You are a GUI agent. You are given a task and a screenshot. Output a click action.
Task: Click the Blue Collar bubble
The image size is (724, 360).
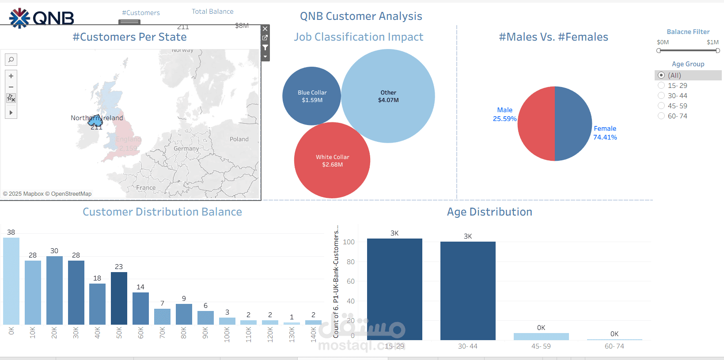(311, 96)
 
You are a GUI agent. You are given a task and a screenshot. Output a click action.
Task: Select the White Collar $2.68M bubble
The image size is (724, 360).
(332, 160)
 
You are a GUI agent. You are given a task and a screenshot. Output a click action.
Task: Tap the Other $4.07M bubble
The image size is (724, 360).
(388, 96)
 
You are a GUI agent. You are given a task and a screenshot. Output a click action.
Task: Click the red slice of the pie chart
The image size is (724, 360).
(536, 124)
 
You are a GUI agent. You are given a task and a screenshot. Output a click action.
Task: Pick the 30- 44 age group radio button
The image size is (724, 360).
(661, 96)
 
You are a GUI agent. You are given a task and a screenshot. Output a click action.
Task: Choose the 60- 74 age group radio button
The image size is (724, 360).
(661, 116)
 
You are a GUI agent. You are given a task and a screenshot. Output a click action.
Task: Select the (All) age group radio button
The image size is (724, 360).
(661, 76)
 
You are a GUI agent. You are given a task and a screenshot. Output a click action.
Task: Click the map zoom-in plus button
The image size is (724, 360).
(11, 76)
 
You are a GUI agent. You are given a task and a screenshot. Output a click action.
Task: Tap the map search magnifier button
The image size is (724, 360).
(11, 59)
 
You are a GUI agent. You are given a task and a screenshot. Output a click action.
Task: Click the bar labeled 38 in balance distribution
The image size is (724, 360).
(11, 281)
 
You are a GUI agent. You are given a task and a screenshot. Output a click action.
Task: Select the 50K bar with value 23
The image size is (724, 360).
(119, 298)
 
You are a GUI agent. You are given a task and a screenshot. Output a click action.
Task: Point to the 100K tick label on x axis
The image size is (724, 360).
(227, 334)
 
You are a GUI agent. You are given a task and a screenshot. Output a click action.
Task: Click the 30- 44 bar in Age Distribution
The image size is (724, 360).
(468, 291)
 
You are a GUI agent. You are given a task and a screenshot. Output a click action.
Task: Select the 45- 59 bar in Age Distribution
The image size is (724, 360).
(541, 336)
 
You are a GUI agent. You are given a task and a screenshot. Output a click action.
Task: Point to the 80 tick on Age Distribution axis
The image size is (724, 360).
(350, 262)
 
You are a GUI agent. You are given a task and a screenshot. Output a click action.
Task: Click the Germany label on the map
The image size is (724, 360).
(186, 149)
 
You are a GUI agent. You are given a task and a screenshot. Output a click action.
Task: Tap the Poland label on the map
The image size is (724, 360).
(239, 139)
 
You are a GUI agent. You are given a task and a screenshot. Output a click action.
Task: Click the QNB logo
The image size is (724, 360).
(42, 18)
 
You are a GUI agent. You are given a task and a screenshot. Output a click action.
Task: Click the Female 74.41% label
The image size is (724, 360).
(605, 133)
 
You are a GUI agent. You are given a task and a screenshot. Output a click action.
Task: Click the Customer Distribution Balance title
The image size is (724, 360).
(162, 212)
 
